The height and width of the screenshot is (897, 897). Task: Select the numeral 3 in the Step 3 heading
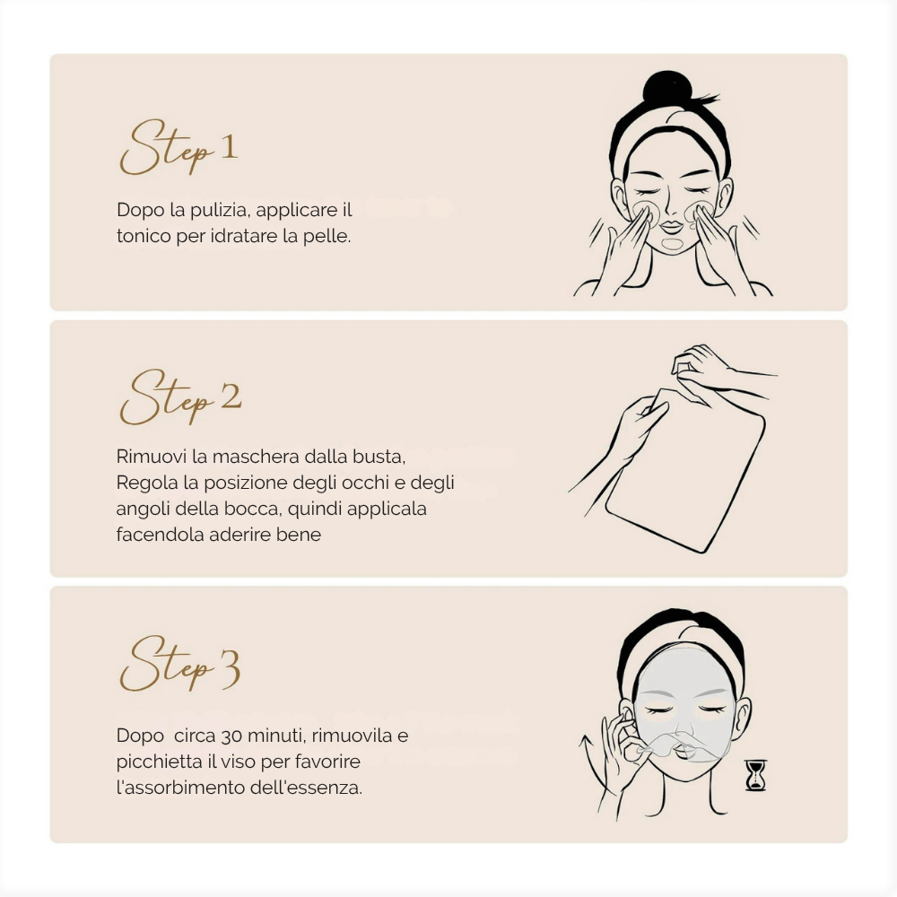(x=230, y=669)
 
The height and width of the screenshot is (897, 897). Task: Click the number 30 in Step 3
(x=231, y=736)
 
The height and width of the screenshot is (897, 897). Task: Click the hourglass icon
(x=755, y=775)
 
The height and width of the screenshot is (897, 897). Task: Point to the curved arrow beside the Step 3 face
(x=590, y=767)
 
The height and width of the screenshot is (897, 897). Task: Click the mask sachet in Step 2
(x=685, y=470)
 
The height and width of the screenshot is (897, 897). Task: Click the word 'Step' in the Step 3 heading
(x=167, y=665)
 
